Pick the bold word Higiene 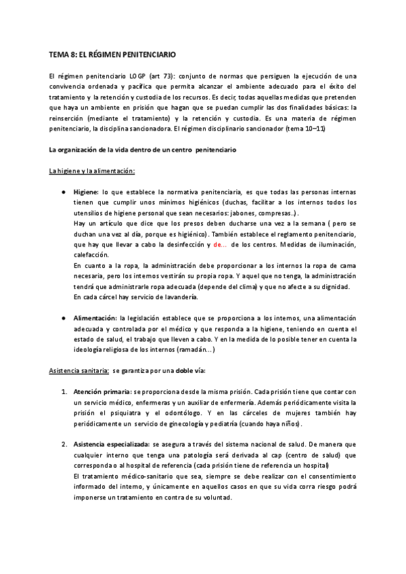click(x=86, y=192)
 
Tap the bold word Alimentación click(x=95, y=317)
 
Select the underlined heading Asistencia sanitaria click(x=78, y=371)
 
